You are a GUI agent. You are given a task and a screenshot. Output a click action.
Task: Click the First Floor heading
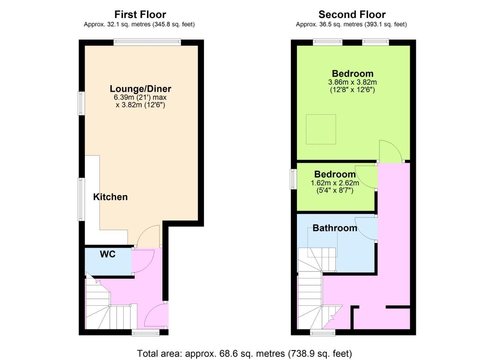pos(140,15)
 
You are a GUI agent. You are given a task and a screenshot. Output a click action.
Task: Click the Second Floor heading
pos(352,15)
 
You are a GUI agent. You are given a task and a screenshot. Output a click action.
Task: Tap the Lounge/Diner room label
pos(140,89)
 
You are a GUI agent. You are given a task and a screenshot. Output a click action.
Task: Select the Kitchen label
pos(110,197)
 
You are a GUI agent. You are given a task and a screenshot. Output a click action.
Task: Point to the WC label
pos(108,254)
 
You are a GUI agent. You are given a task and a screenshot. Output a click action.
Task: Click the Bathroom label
pos(335,228)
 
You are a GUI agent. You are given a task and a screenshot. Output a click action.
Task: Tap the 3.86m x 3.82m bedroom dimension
pos(352,82)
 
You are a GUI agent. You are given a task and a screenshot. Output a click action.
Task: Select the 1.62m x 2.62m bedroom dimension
pos(335,183)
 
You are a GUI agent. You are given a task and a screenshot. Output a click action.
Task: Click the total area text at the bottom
pos(244,353)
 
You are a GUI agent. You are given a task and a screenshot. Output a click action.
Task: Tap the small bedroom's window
pos(293,179)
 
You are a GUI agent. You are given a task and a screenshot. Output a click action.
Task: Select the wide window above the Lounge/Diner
pos(147,42)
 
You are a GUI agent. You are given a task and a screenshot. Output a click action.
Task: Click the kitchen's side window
pos(81,199)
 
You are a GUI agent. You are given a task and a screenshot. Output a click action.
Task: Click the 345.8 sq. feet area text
pos(173,24)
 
